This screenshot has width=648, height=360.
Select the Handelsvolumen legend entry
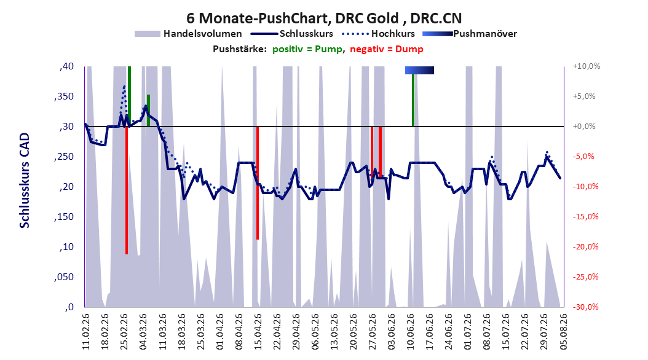coord(189,34)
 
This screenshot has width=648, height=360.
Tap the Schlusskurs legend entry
coord(292,34)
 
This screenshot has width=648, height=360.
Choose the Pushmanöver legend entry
coord(470,34)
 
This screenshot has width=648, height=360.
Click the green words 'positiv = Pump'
coord(307,49)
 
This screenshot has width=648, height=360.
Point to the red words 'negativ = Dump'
coord(387,49)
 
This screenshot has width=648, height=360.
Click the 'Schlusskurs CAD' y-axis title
coord(25,181)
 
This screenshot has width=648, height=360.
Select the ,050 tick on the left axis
coord(64,277)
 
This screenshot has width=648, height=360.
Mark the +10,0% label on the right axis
coord(587,66)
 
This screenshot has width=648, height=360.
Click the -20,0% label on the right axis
coord(585,247)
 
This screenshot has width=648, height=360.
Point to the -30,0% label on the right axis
coord(585,307)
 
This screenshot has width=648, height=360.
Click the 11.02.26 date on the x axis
coord(86,332)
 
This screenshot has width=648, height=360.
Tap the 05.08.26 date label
coord(563,332)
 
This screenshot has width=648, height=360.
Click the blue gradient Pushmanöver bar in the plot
coord(419,70)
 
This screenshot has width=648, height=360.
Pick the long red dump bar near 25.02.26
coord(127,190)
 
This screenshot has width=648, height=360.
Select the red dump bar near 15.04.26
coord(258,183)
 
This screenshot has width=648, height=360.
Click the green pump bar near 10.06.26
coord(413,100)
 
